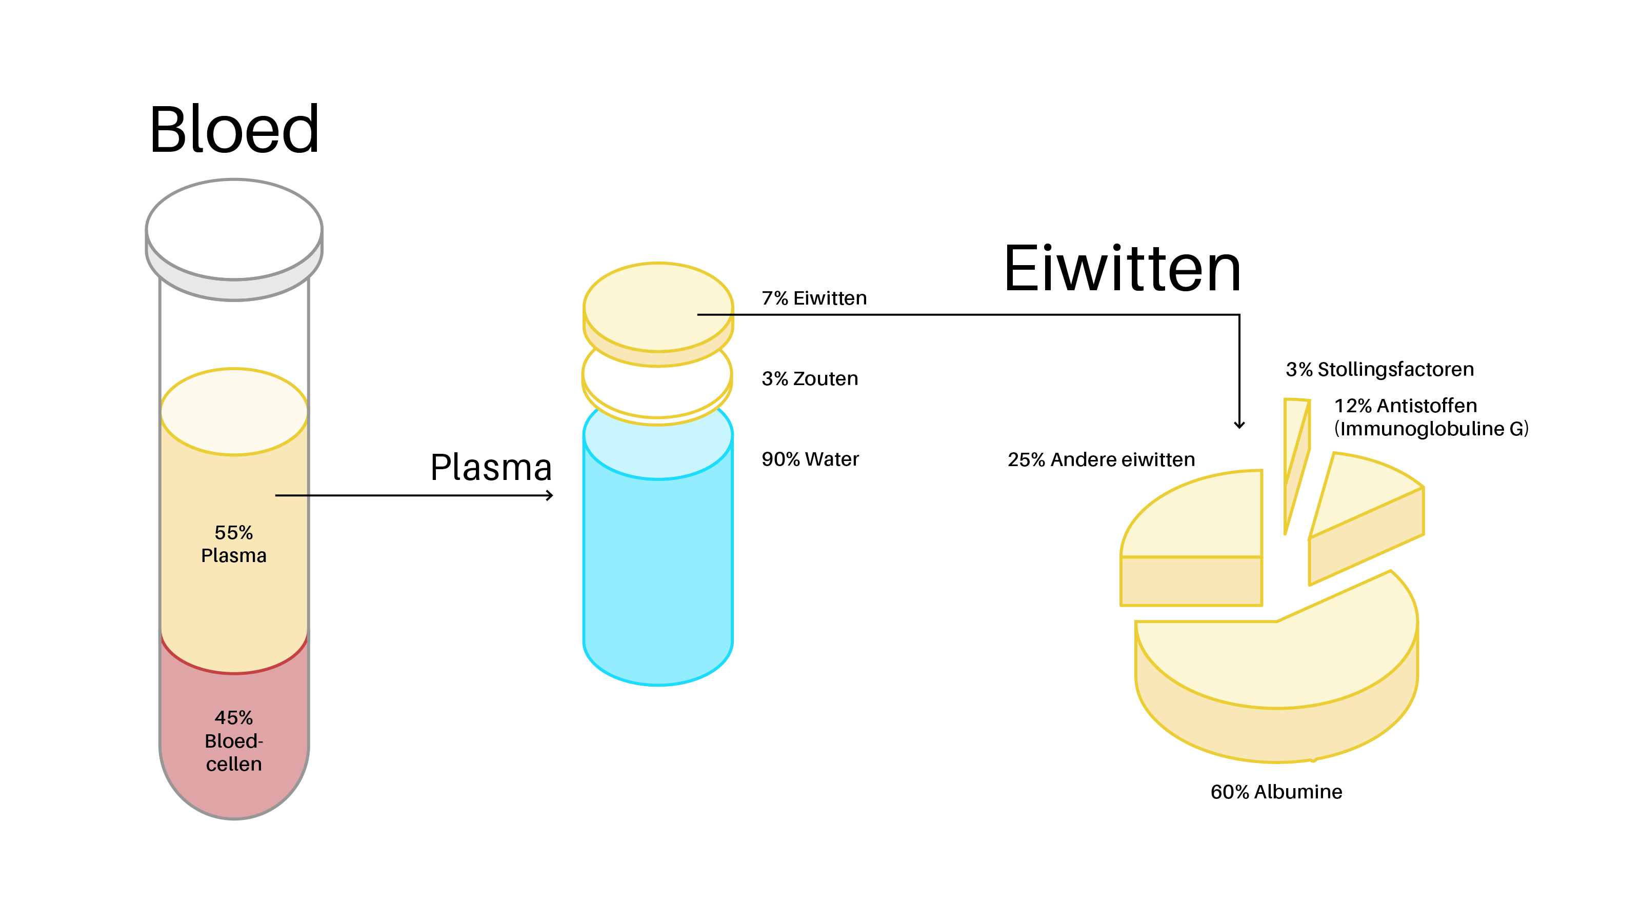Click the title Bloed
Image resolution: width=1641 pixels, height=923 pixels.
point(234,129)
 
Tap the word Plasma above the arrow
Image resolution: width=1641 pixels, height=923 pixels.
point(491,468)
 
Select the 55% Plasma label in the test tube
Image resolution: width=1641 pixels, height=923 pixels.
point(234,544)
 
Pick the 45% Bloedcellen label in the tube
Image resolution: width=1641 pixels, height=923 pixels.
point(234,741)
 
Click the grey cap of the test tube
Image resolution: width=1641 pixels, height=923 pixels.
point(234,239)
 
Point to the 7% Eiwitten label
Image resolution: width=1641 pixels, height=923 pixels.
point(814,298)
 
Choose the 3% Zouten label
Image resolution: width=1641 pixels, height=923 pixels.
point(810,378)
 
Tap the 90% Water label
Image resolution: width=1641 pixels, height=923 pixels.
point(810,459)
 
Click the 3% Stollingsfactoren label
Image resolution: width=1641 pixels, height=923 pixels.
point(1380,369)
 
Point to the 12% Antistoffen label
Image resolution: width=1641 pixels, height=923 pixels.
point(1405,406)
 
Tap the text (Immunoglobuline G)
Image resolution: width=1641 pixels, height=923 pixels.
point(1431,429)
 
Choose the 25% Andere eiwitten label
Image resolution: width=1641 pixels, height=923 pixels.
point(1101,460)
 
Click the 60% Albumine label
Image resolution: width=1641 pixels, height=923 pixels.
point(1276,792)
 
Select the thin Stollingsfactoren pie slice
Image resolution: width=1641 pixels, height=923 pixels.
point(1296,458)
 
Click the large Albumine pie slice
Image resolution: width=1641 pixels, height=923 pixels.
point(1276,675)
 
